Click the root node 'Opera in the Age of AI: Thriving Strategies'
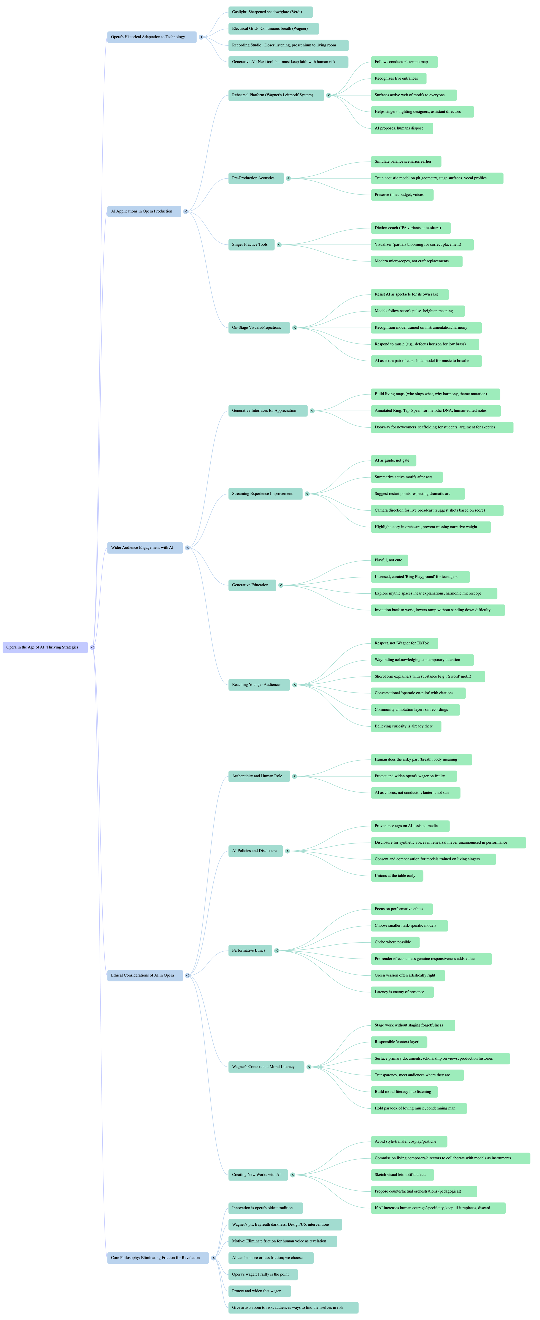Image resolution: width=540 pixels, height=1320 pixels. pos(45,647)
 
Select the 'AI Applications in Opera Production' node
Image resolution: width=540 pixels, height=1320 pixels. pos(144,211)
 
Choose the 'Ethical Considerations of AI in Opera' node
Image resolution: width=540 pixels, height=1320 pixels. pos(145,975)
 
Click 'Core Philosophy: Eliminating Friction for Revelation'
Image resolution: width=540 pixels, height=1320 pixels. pos(157,1257)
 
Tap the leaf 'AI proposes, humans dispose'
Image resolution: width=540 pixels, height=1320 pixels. pos(402,128)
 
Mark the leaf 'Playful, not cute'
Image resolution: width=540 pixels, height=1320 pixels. pos(389,560)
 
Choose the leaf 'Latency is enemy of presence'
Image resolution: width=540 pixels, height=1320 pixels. pos(402,992)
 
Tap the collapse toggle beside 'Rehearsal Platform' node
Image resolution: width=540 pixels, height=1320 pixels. pos(328,95)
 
